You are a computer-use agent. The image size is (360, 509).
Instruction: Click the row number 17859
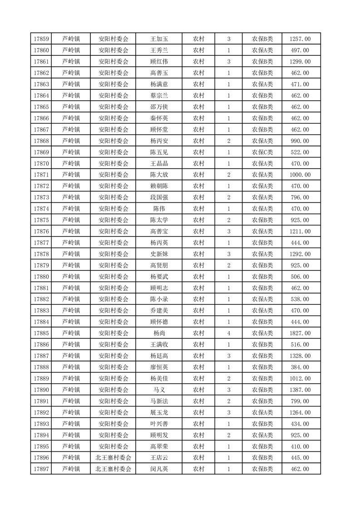click(42, 39)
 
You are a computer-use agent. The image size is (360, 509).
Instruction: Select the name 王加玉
click(159, 39)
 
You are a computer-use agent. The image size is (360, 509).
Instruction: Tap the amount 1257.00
click(300, 39)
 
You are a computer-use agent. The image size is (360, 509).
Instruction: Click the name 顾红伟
click(159, 62)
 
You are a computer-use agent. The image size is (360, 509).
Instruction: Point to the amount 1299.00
click(300, 62)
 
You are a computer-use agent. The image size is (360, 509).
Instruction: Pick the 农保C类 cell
click(262, 152)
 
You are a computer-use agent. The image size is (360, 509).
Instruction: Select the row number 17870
click(42, 163)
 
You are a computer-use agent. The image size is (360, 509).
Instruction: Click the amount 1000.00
click(300, 175)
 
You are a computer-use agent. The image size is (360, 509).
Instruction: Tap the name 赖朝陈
click(159, 186)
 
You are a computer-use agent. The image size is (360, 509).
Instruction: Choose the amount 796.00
click(300, 197)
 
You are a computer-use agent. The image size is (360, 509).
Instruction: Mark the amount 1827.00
click(300, 333)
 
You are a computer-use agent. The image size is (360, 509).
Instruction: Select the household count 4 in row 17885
click(228, 333)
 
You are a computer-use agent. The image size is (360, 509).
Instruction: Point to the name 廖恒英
click(159, 367)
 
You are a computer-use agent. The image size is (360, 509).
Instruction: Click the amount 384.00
click(300, 367)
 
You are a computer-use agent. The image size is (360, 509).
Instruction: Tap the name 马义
click(159, 390)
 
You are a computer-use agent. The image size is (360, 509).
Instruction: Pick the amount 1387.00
click(300, 390)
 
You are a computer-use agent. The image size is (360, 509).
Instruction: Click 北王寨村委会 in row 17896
click(113, 458)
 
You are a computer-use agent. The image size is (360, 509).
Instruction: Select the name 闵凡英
click(159, 469)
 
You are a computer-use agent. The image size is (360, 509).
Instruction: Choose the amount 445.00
click(300, 458)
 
